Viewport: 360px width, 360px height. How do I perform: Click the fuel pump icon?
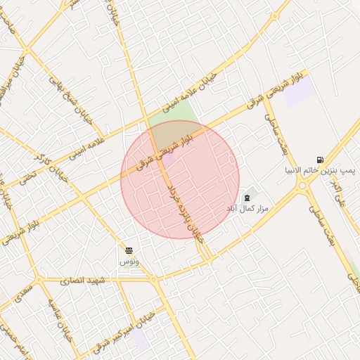(x=321, y=160)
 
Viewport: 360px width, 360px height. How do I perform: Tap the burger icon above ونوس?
(x=129, y=250)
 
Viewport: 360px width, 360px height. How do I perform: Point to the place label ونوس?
(x=129, y=261)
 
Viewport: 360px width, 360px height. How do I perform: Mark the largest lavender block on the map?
(x=299, y=91)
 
